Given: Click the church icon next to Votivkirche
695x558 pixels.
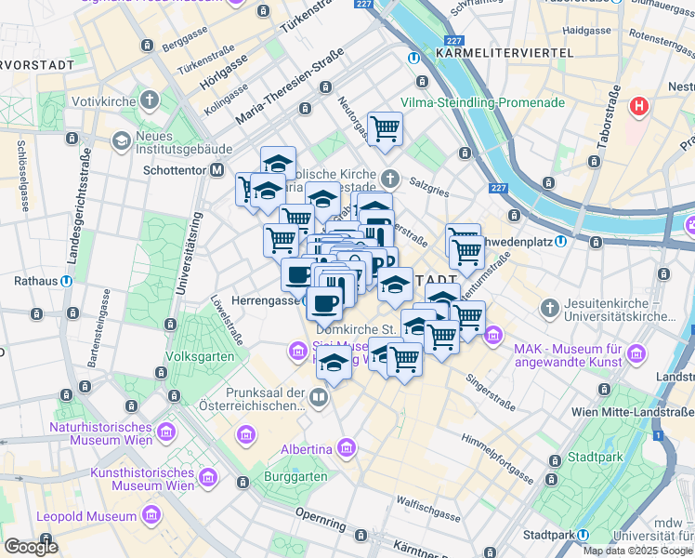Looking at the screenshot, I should (150, 100).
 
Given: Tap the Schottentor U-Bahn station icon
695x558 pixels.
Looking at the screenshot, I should (216, 170).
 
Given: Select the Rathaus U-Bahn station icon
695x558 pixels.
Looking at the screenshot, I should (68, 280).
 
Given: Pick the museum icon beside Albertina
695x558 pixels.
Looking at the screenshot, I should (347, 449).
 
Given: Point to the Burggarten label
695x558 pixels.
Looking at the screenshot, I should (295, 476).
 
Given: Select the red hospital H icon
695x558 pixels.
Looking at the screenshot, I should (638, 105).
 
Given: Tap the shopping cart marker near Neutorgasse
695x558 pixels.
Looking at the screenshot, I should (385, 127).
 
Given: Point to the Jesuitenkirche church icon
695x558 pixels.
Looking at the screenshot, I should (550, 307).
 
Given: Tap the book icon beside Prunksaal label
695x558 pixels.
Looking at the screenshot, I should (319, 399).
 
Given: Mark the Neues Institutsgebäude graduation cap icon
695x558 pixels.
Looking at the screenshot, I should (121, 140).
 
